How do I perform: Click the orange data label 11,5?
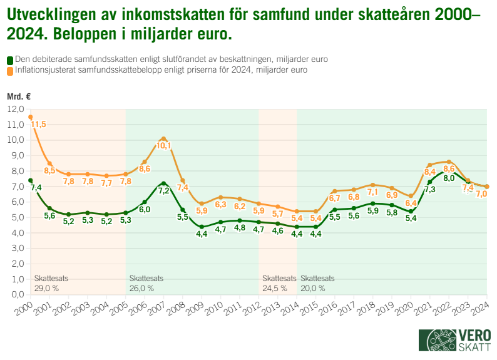point(39,125)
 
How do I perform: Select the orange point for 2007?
point(163,138)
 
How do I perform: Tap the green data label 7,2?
point(164,191)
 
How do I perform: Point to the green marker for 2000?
point(30,180)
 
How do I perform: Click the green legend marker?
point(9,59)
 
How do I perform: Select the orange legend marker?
point(9,71)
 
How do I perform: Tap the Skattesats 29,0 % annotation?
point(51,283)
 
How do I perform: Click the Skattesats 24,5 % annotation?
point(279,283)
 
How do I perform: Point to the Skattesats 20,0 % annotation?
point(317,283)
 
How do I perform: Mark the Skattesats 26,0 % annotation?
point(146,283)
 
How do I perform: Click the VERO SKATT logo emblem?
point(438,341)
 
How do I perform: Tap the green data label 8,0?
point(449,178)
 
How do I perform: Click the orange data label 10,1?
point(164,146)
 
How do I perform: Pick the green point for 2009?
point(202,227)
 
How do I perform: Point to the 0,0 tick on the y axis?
point(16,294)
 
